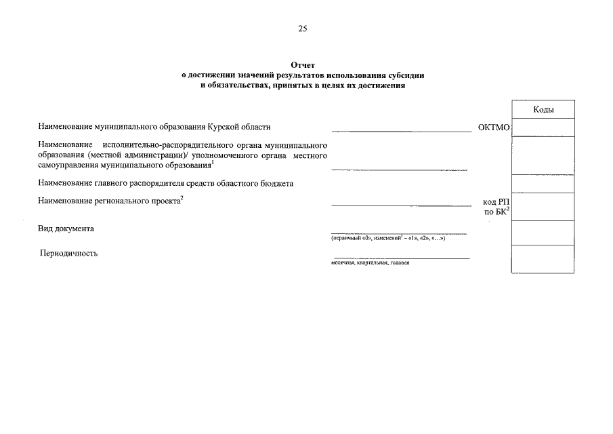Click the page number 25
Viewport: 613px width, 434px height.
[302, 28]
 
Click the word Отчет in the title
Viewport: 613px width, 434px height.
[303, 65]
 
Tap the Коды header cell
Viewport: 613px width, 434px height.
[543, 109]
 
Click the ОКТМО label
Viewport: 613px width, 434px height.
[493, 127]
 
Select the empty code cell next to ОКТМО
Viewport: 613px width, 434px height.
[543, 127]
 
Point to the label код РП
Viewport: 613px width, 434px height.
[496, 202]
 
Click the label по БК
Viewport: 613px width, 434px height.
[496, 212]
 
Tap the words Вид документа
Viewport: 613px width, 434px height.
[66, 229]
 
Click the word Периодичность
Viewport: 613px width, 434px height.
[68, 254]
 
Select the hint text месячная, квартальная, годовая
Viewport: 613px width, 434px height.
[370, 263]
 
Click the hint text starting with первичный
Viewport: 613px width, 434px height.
[387, 239]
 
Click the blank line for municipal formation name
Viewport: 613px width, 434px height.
[401, 130]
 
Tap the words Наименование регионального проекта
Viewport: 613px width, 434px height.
[109, 201]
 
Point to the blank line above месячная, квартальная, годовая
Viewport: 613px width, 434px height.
[400, 258]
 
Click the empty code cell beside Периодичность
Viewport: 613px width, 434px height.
[543, 258]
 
